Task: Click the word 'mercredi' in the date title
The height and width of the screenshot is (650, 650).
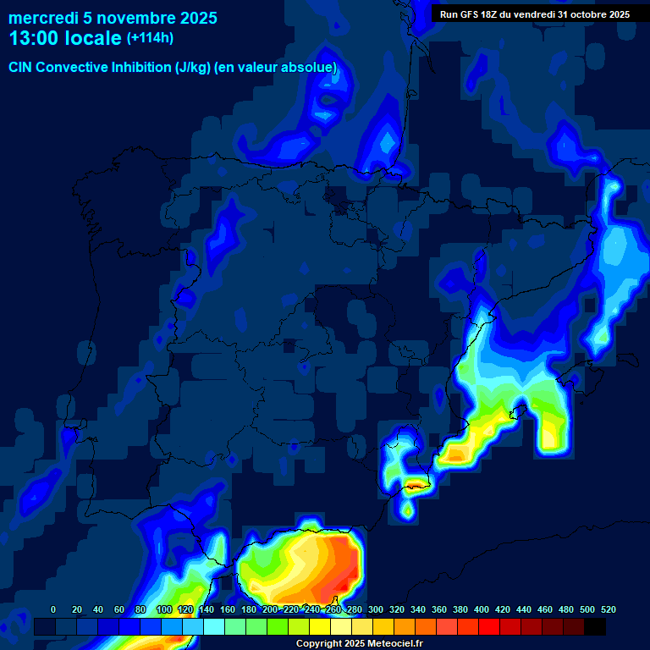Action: point(42,18)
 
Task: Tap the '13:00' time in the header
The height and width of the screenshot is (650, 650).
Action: point(35,38)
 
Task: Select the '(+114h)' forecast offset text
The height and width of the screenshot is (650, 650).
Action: point(150,38)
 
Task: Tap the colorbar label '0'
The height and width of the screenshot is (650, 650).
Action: point(53,609)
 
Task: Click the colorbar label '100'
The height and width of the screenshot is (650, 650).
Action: point(164,609)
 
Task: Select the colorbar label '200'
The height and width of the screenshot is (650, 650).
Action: point(270,609)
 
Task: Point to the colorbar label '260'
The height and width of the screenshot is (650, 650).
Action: point(333,609)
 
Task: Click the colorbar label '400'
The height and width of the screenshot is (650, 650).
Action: point(482,609)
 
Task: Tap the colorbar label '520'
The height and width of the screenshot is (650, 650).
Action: point(609,609)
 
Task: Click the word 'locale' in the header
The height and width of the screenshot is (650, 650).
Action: point(93,38)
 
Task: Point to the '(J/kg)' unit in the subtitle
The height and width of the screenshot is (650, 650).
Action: point(194,68)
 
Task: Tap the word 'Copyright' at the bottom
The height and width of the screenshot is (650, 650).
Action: point(320,644)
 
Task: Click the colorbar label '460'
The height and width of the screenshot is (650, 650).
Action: point(545,609)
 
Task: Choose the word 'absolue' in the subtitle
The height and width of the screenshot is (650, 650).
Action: point(309,68)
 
